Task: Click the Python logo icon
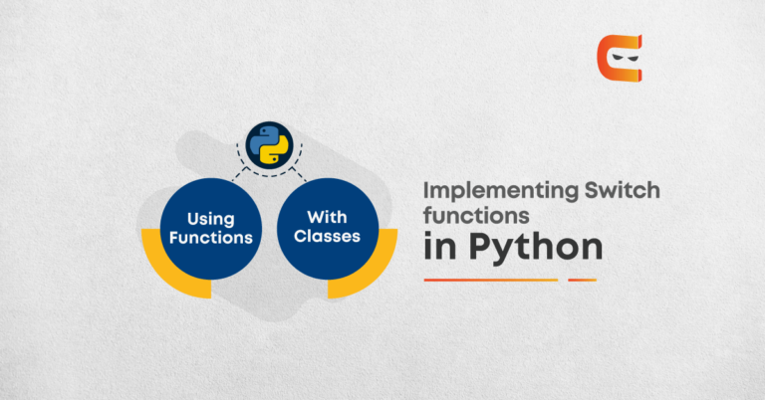pyautogui.click(x=269, y=145)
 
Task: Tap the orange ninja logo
pyautogui.click(x=620, y=58)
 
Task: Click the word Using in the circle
pyautogui.click(x=211, y=219)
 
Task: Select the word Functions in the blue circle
pyautogui.click(x=211, y=238)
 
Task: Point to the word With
pyautogui.click(x=327, y=217)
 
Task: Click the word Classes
pyautogui.click(x=327, y=236)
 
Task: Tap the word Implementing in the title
pyautogui.click(x=501, y=191)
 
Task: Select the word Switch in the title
pyautogui.click(x=622, y=189)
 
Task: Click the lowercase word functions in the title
pyautogui.click(x=476, y=215)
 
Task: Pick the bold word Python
pyautogui.click(x=536, y=248)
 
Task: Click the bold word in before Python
pyautogui.click(x=439, y=246)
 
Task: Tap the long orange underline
pyautogui.click(x=491, y=281)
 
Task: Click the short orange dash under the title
pyautogui.click(x=582, y=281)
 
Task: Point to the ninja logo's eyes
pyautogui.click(x=625, y=58)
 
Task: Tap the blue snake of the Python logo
pyautogui.click(x=263, y=139)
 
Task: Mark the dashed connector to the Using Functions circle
pyautogui.click(x=240, y=174)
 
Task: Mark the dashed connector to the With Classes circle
pyautogui.click(x=299, y=174)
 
